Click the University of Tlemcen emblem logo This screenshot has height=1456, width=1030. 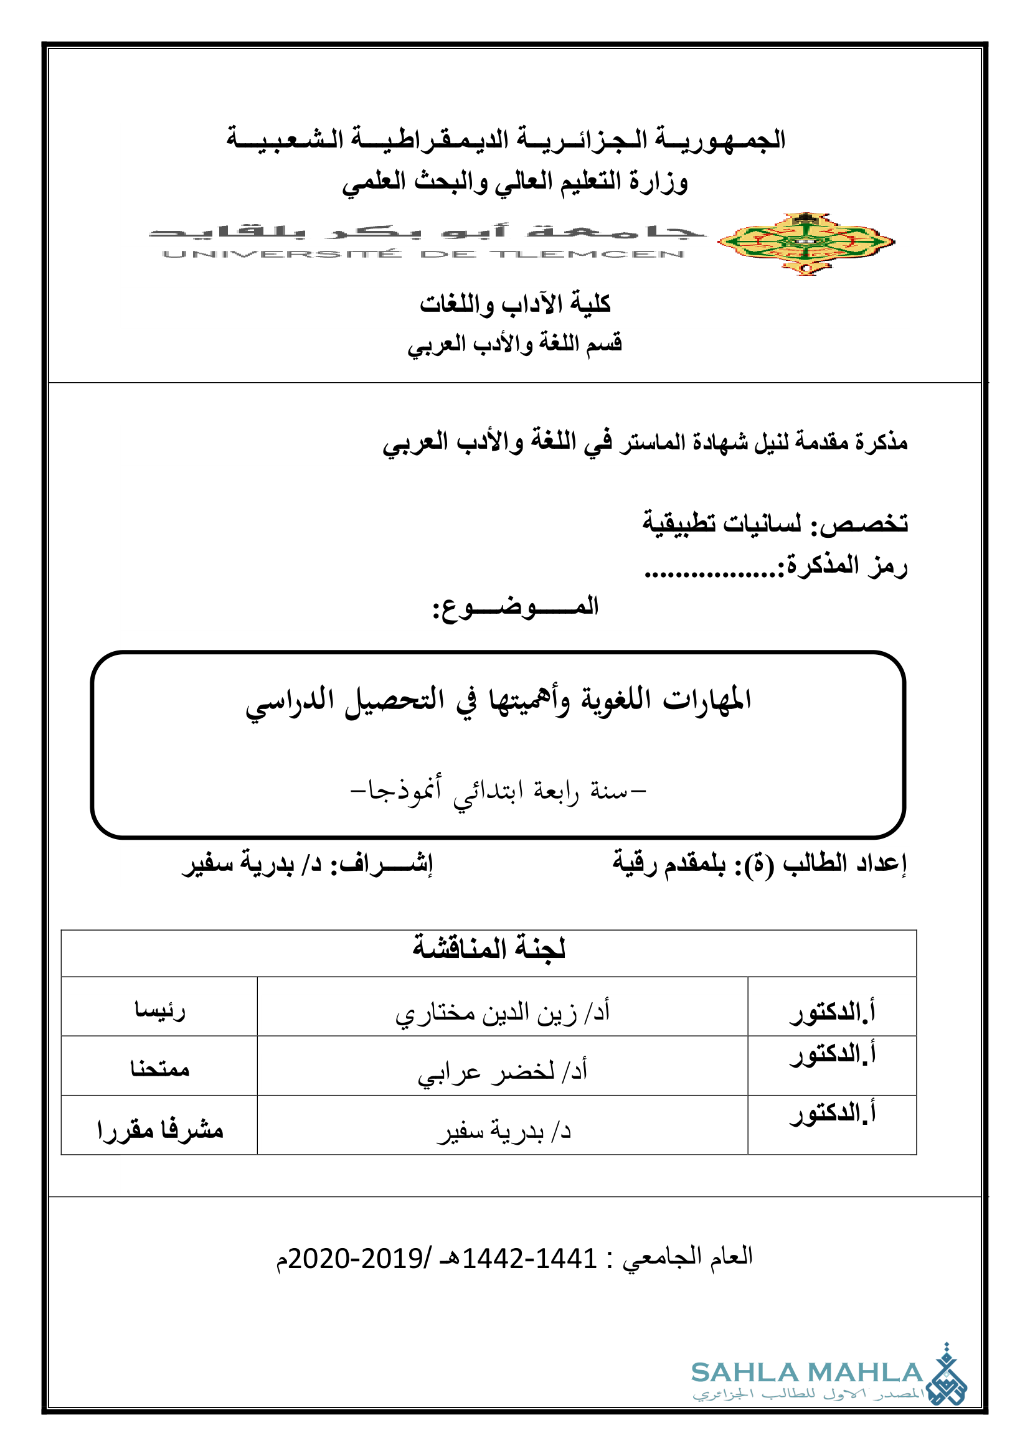click(805, 242)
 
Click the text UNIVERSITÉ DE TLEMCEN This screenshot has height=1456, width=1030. click(423, 255)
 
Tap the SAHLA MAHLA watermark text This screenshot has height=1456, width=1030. click(806, 1373)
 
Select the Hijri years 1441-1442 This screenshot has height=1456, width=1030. click(529, 1258)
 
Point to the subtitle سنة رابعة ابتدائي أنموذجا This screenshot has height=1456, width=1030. click(499, 791)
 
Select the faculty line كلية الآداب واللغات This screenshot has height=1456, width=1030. click(515, 304)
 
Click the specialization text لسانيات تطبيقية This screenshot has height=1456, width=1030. click(722, 524)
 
